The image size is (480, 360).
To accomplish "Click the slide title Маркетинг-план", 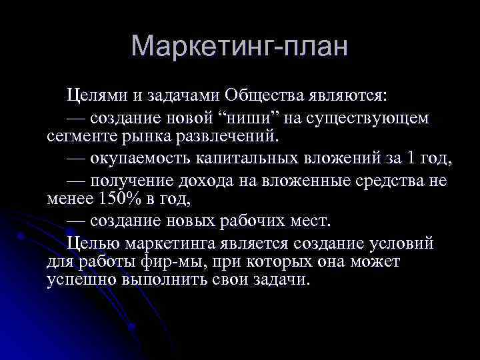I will (240, 47).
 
